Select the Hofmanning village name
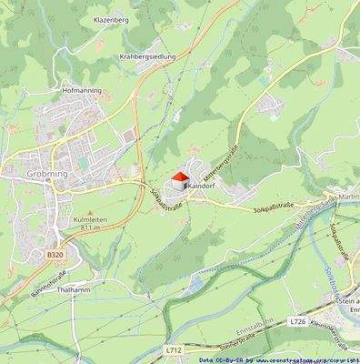pyautogui.click(x=83, y=91)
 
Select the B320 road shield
pyautogui.click(x=55, y=257)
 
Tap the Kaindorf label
pyautogui.click(x=205, y=185)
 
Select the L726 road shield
pyautogui.click(x=298, y=321)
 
